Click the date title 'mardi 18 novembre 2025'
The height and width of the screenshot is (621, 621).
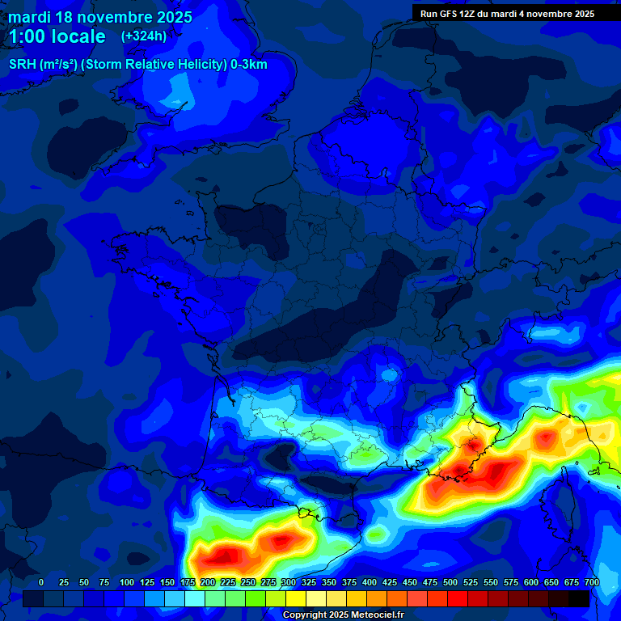pos(100,17)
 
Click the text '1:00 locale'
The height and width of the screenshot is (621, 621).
pos(57,37)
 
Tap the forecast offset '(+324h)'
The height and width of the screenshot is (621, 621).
pos(144,36)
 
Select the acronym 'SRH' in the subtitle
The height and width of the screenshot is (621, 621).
pos(23,65)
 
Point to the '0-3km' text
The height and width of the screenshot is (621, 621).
pos(249,65)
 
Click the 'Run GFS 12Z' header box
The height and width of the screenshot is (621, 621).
pos(507,13)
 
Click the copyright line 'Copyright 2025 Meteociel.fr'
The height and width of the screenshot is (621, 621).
pos(343,615)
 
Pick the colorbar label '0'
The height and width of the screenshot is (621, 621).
pos(41,582)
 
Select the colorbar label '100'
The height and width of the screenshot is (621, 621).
pos(127,582)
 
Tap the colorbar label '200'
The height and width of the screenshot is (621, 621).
pos(208,582)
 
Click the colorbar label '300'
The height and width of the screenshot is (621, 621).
pos(289,582)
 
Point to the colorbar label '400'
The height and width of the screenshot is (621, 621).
pos(370,582)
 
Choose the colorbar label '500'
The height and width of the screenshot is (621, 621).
pos(450,582)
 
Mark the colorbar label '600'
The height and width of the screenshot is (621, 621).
pos(531,582)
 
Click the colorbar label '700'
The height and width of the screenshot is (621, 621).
pos(592,582)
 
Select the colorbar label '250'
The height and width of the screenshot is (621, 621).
pos(248,582)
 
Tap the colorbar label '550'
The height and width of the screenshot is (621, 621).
pos(491,582)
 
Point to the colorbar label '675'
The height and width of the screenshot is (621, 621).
pos(572,582)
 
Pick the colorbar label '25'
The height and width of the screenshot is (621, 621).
pos(64,582)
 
